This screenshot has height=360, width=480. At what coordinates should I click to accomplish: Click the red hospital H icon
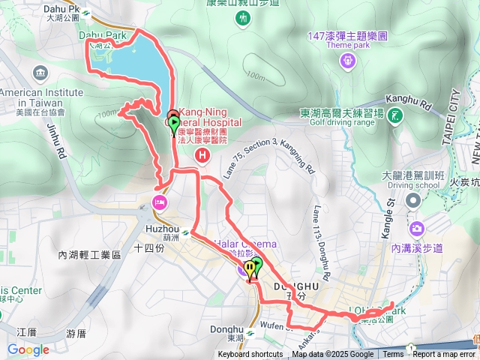[201, 155]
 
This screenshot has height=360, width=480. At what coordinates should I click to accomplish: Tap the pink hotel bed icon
[159, 201]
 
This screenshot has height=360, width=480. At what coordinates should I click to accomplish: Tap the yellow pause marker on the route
[250, 274]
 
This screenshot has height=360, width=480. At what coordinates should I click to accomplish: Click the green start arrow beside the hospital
[174, 124]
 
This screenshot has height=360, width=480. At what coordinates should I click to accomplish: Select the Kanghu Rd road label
[409, 99]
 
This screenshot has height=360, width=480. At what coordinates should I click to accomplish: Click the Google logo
[28, 349]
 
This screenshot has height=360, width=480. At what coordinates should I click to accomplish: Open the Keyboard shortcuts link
[250, 355]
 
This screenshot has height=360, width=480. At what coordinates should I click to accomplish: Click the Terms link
[393, 355]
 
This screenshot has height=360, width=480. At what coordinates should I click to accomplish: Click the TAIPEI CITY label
[453, 109]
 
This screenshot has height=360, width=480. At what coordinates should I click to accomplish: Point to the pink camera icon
[417, 228]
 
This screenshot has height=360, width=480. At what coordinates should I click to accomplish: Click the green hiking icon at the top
[242, 19]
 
